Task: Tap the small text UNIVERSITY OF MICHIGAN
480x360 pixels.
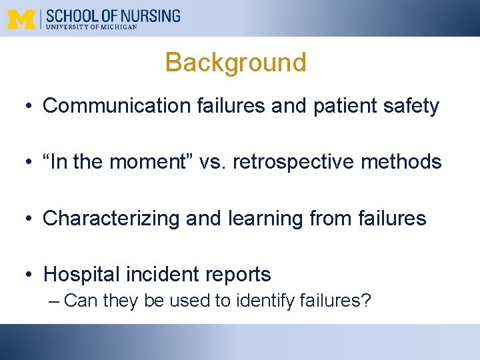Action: pos(91,27)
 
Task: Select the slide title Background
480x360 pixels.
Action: pos(235,63)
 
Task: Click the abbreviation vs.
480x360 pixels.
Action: pos(215,162)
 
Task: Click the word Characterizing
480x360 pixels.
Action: pos(111,218)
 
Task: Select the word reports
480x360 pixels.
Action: pos(237,274)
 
